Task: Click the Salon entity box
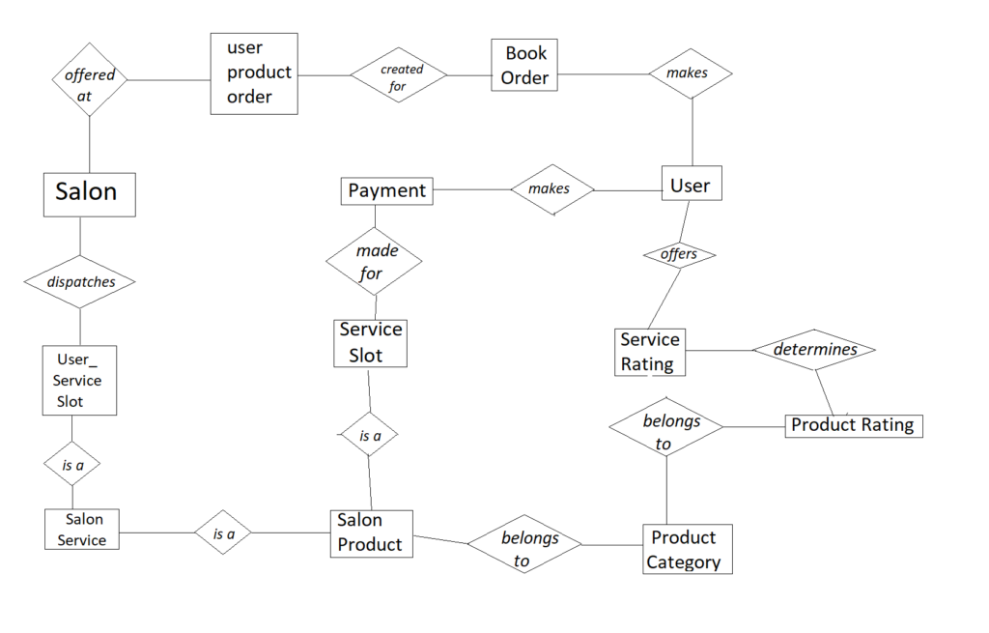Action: [x=90, y=193]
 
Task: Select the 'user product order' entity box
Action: [x=254, y=73]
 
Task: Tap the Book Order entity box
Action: [x=524, y=66]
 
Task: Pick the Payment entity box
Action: [x=386, y=190]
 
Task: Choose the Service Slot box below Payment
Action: [x=370, y=343]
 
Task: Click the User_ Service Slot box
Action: [x=79, y=381]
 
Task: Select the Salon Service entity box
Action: [x=82, y=530]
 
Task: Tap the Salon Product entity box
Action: [x=371, y=533]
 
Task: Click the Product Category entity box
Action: [x=687, y=550]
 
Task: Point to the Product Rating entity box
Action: [x=854, y=425]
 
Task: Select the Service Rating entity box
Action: [x=650, y=352]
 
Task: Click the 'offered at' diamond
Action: [x=90, y=79]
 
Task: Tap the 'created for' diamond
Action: [x=400, y=74]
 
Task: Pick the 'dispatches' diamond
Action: [x=80, y=282]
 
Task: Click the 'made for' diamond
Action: [x=374, y=262]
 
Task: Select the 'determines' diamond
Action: [x=813, y=349]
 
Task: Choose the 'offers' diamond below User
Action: [x=680, y=255]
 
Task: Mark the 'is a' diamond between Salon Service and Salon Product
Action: [x=224, y=532]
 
